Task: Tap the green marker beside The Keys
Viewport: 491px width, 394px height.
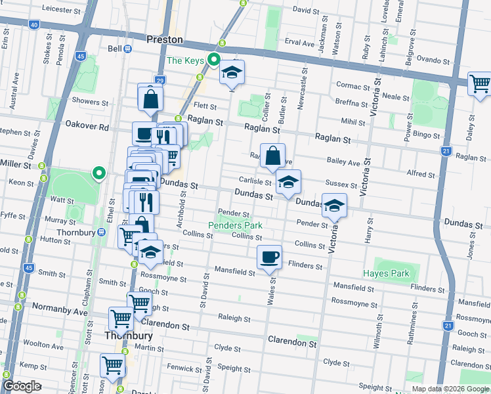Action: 213,61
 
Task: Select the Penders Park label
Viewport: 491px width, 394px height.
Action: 236,225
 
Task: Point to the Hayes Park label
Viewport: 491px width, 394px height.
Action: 386,273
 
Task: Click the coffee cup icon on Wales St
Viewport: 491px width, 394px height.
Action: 270,257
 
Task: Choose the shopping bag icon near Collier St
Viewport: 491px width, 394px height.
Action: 272,157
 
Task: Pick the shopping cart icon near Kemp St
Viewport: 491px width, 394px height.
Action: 112,366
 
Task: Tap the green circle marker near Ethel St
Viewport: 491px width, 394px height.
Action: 98,173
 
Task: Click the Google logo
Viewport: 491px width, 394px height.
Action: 22,386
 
